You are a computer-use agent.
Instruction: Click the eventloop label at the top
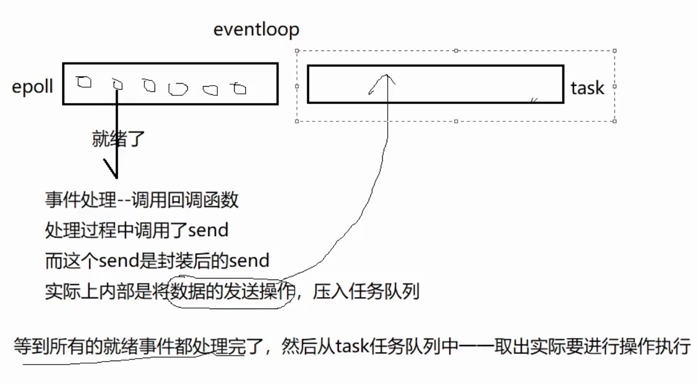coord(256,30)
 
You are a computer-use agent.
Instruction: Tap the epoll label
coord(32,87)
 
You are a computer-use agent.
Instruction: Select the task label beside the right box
coord(587,88)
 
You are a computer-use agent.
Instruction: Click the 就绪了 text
coord(119,139)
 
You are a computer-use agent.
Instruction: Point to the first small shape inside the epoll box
coord(84,82)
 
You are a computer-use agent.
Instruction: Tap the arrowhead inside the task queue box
coord(386,78)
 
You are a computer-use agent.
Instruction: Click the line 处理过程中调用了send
coord(136,231)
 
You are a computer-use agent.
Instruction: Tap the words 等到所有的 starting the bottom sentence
coord(58,347)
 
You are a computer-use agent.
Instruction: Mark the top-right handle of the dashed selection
coord(614,50)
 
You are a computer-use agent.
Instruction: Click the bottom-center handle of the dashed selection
coord(456,121)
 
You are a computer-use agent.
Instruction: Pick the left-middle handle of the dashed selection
coord(297,86)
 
